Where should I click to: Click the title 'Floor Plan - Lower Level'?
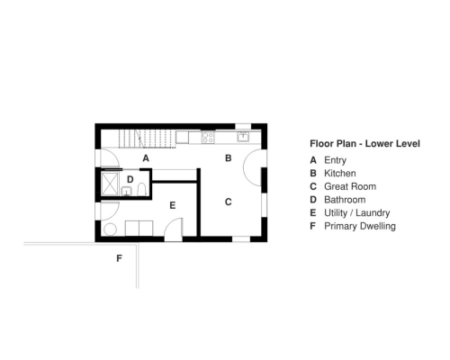[x=364, y=143]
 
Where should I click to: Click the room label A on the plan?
[x=146, y=157]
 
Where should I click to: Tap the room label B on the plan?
[x=228, y=157]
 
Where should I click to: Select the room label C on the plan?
[x=228, y=202]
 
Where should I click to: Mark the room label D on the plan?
[x=130, y=180]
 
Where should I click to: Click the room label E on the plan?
[x=172, y=205]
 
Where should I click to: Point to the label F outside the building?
[x=118, y=258]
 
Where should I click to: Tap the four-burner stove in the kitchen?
[x=208, y=139]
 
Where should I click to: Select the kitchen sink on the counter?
[x=242, y=138]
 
